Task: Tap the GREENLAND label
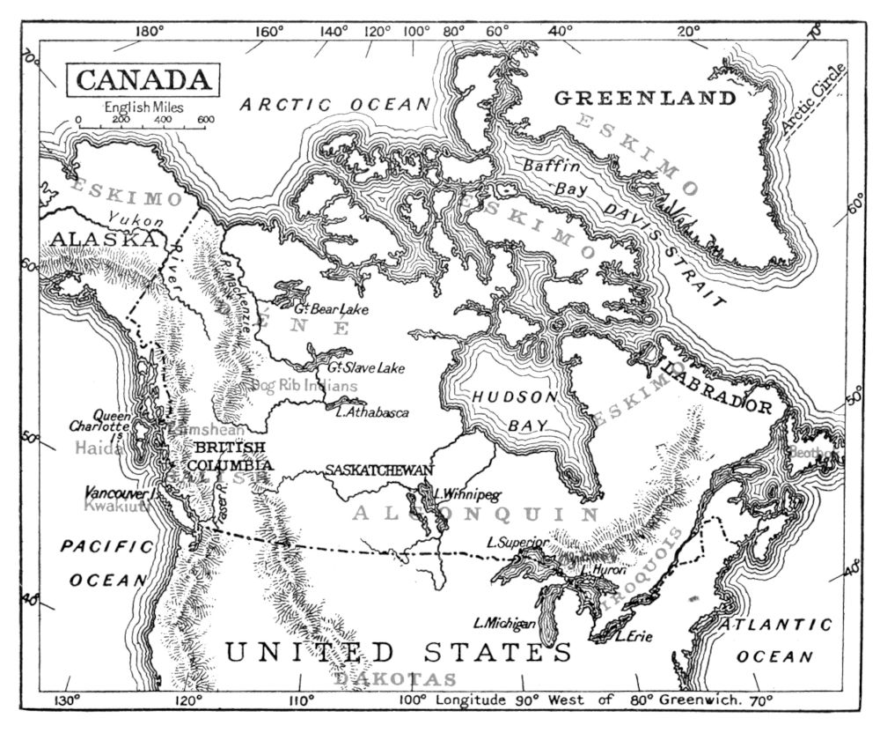point(644,98)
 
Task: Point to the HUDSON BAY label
point(516,411)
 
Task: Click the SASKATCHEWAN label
point(378,470)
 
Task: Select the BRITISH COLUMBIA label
point(228,456)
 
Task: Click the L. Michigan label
point(504,624)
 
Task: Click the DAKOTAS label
point(396,678)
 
